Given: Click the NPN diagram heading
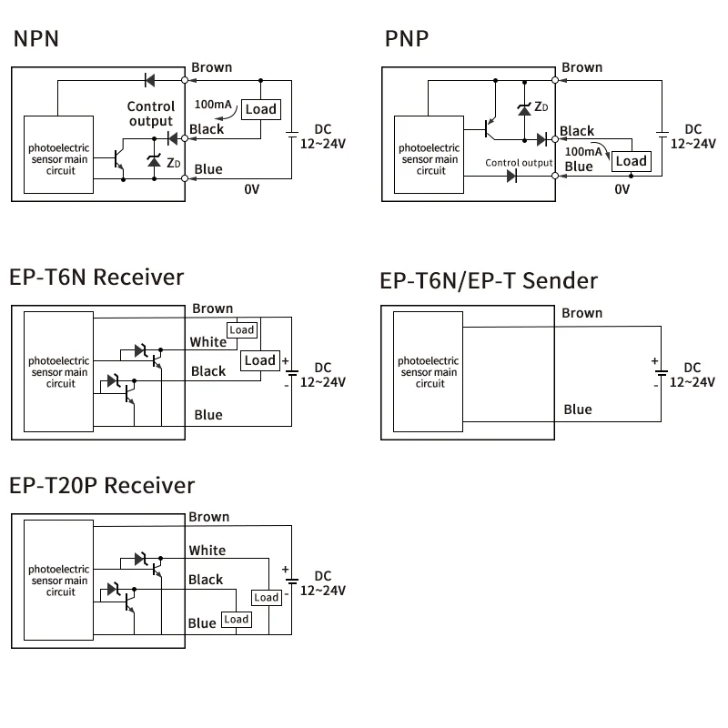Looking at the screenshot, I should coord(35,39).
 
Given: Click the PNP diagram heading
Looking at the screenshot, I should coord(407,39).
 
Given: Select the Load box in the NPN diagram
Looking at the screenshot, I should coord(261,109).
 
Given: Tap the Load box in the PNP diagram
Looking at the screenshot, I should coord(631,161).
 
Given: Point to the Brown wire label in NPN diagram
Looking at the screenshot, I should coord(211,67).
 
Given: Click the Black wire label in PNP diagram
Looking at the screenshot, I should coord(577,131).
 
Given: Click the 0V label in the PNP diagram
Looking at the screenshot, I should coord(622,189).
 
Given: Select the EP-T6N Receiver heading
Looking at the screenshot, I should coord(96,278).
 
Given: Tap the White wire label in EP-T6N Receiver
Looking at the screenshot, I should coord(207,342).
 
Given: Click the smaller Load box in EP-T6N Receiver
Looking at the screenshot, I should coord(241,329).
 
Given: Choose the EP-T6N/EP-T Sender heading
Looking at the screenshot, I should coord(489,280).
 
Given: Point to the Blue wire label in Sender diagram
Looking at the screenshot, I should coord(578,409).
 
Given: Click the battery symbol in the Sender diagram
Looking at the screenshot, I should coord(661,372).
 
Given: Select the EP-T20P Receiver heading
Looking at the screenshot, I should coord(102,485).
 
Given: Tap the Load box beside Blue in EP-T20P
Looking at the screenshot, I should coord(236,620).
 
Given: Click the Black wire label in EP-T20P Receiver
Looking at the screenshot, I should coord(206,580).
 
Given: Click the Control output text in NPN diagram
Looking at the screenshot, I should coord(150,114).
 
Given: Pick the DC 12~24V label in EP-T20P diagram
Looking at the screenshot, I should coord(323,583).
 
